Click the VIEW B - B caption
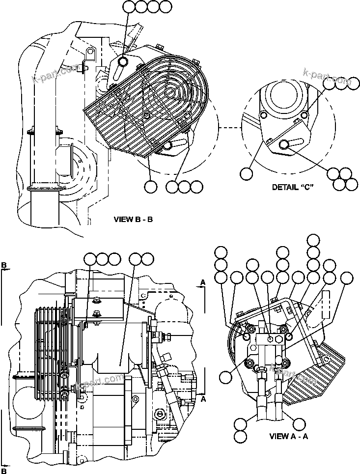(x=133, y=219)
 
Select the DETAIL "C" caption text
(x=293, y=187)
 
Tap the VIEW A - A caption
(x=289, y=436)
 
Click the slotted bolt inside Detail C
(x=284, y=144)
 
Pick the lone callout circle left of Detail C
(x=246, y=173)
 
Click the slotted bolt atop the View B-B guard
(x=123, y=61)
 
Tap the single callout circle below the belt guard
(x=150, y=187)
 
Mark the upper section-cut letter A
(x=202, y=282)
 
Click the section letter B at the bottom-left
(x=4, y=471)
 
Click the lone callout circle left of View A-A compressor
(x=225, y=377)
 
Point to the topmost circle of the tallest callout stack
(x=312, y=240)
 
